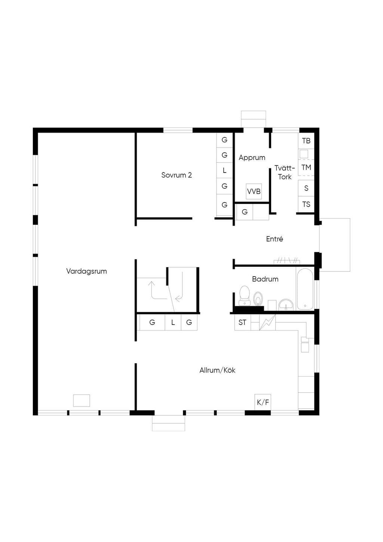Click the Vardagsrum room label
86,271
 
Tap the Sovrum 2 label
177,175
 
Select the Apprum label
252,158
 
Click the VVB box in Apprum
254,191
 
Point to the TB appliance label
306,141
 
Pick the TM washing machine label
306,167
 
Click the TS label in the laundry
306,204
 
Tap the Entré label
275,239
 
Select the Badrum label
265,279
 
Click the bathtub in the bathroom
305,289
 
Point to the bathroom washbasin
286,304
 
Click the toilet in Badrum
244,295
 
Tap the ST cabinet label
242,322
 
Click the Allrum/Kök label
217,370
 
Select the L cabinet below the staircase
173,322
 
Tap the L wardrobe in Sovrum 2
224,170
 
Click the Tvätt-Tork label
285,172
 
